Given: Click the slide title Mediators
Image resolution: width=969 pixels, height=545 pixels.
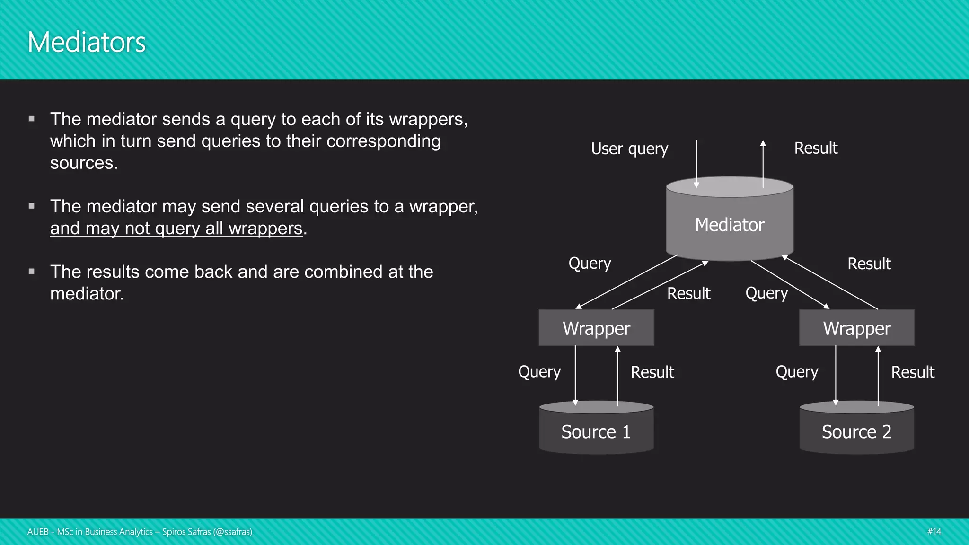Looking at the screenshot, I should pyautogui.click(x=87, y=42).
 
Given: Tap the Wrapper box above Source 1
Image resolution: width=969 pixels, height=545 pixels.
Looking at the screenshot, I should pyautogui.click(x=596, y=328).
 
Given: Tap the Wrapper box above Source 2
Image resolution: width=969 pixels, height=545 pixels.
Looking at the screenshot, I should pyautogui.click(x=856, y=328).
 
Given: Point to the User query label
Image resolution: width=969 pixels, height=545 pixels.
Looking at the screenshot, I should pyautogui.click(x=629, y=149).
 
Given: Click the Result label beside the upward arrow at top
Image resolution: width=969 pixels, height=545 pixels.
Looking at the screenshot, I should pyautogui.click(x=816, y=148).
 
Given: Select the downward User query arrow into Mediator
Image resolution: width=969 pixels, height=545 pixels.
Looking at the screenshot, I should pyautogui.click(x=696, y=163).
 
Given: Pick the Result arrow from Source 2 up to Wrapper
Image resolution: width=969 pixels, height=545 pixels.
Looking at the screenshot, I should pyautogui.click(x=878, y=376).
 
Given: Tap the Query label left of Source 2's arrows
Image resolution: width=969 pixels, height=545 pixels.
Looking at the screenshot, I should pyautogui.click(x=797, y=372).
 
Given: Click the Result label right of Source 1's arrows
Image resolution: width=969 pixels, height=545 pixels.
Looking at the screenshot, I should pyautogui.click(x=652, y=372).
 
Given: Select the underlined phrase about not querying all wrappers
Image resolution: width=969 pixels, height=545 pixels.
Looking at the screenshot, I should pyautogui.click(x=176, y=229).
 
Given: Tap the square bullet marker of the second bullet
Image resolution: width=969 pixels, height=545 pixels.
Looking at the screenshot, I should pyautogui.click(x=32, y=206).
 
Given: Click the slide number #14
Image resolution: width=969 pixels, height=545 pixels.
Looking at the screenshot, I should pyautogui.click(x=934, y=531).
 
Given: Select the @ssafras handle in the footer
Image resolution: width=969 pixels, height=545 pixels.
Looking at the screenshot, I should pyautogui.click(x=232, y=532).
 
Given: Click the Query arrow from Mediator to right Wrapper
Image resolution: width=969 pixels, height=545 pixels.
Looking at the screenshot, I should pyautogui.click(x=789, y=284).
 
